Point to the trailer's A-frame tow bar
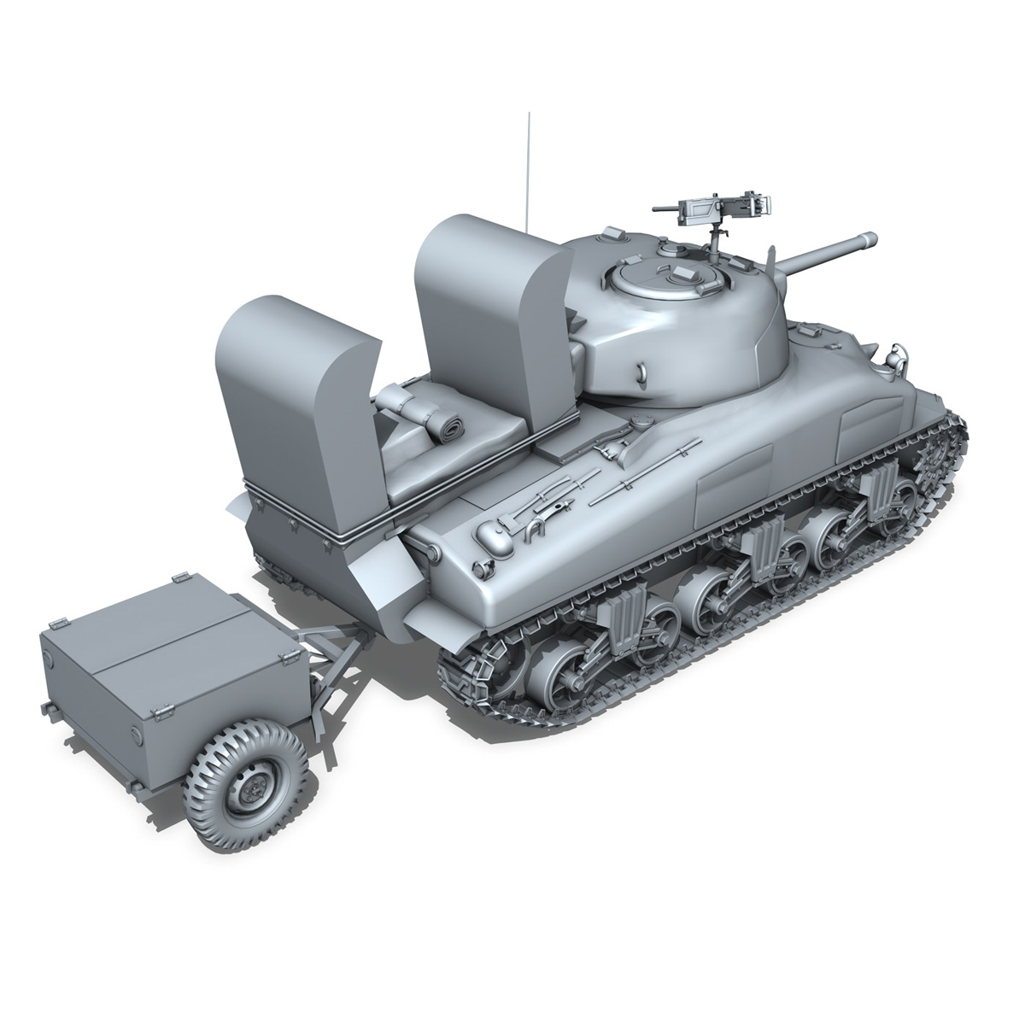click(329, 649)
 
